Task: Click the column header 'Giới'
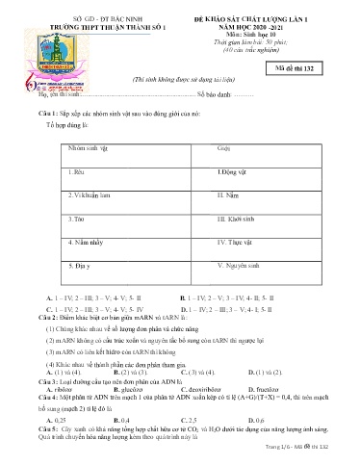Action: click(224, 150)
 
